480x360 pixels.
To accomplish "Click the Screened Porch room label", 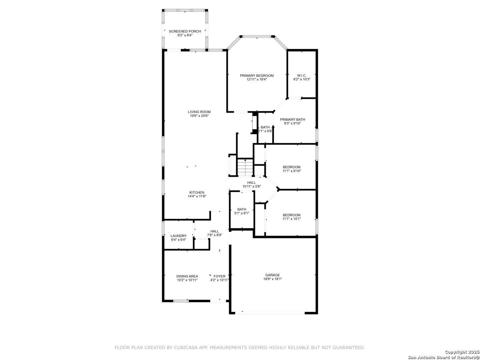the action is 185,31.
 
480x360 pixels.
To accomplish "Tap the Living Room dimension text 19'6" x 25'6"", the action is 199,116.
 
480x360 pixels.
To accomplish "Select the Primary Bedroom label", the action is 257,76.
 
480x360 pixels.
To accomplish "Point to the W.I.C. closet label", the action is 302,76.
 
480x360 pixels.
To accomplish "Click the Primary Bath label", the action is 292,120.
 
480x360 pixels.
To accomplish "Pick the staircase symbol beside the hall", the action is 245,167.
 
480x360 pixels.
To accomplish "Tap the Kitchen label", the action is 197,193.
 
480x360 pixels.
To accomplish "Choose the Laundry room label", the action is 178,236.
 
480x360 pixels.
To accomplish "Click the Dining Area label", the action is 187,276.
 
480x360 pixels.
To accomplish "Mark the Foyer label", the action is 219,276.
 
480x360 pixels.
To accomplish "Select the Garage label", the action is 272,275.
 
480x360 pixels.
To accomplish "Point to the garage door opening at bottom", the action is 270,313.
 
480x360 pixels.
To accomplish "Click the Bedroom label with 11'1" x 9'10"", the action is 291,167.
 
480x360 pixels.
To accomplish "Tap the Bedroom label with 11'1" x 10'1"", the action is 291,215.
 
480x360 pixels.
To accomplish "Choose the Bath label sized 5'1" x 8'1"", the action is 242,209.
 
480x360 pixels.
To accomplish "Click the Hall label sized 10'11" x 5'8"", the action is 251,183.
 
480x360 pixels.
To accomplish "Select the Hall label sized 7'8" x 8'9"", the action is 215,231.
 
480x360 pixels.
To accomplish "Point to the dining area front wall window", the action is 181,301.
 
